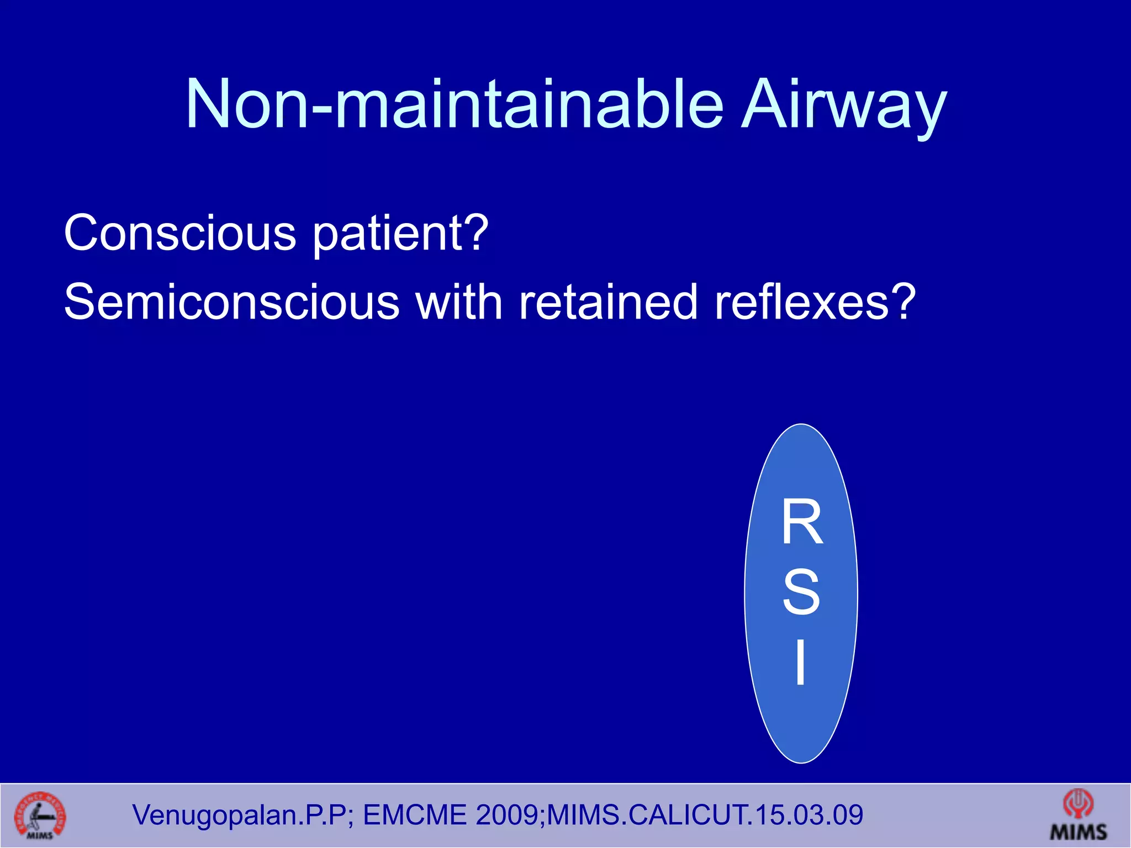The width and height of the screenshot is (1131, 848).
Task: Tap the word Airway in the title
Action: coord(843,108)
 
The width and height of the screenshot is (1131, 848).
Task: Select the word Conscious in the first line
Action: coord(180,233)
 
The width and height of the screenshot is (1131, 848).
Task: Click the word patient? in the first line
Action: coord(400,235)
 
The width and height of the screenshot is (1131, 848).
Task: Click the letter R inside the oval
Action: coord(802,522)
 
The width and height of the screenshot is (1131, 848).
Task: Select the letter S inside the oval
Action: coord(801,592)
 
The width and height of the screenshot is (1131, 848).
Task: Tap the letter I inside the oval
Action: coord(800,662)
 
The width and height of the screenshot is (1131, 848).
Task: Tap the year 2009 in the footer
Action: coord(507,815)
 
